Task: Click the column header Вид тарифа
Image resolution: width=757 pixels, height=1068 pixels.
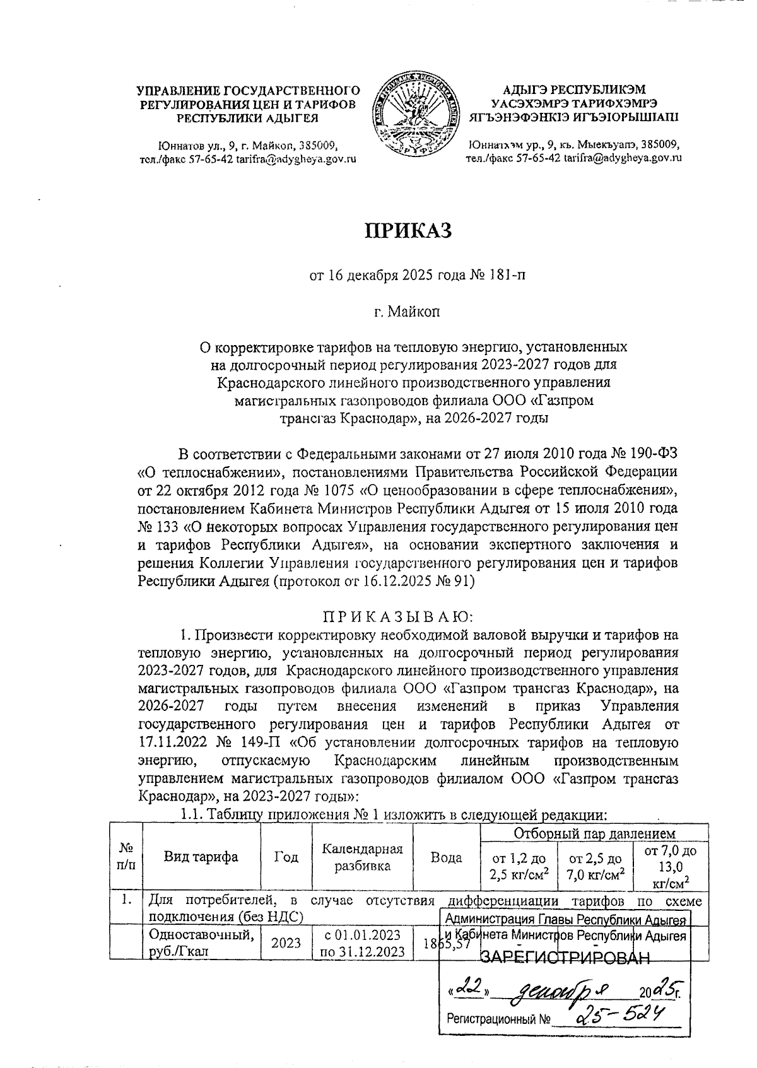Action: (x=201, y=857)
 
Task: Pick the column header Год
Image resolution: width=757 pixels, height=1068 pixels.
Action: (x=286, y=857)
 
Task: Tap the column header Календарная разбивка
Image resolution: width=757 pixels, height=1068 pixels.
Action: (x=362, y=857)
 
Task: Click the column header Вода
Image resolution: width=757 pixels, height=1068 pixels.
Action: (x=446, y=857)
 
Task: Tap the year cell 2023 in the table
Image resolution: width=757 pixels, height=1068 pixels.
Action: (x=286, y=942)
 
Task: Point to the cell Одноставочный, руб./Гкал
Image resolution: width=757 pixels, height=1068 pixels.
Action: (x=201, y=942)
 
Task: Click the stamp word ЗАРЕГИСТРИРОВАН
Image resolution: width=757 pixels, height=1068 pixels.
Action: (x=565, y=959)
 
